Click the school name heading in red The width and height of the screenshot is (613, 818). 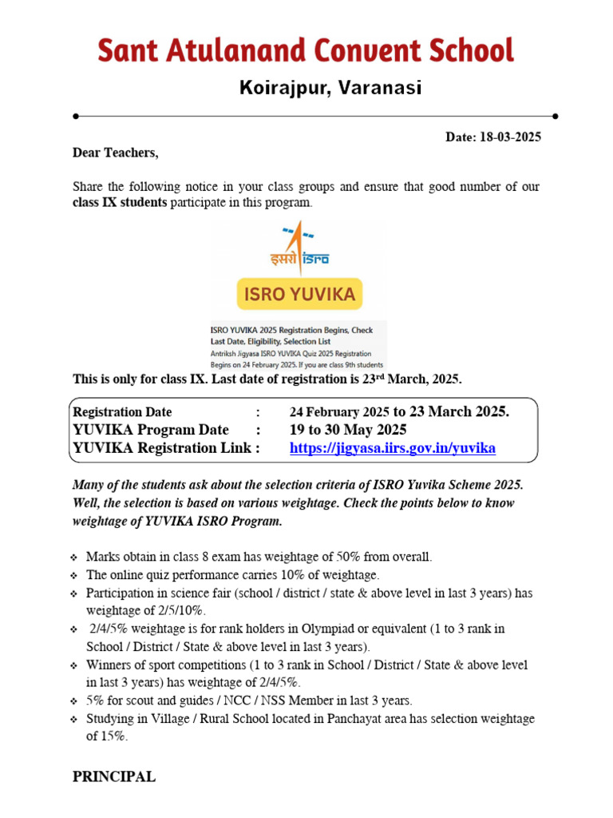click(306, 51)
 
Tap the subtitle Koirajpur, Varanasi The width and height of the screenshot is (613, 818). click(330, 88)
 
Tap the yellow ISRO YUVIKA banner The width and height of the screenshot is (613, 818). click(299, 295)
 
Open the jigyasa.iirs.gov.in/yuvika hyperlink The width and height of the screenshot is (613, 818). click(392, 448)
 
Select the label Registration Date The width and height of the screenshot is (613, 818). click(122, 412)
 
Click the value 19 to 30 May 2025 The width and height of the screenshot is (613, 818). click(348, 430)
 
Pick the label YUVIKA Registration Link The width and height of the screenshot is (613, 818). click(166, 448)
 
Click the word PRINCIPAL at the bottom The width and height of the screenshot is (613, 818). click(114, 776)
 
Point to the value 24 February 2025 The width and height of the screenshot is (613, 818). click(338, 412)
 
